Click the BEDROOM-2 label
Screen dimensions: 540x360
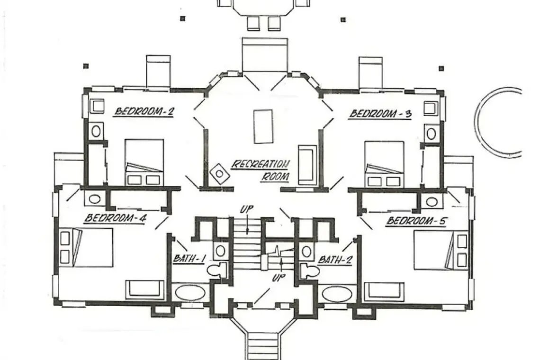coord(144,111)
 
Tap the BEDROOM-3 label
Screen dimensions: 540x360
coord(380,114)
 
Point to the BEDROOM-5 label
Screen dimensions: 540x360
coord(416,220)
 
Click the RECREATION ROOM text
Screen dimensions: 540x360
coord(261,170)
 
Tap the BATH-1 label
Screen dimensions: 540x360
coord(189,258)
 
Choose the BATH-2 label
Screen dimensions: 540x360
coord(335,260)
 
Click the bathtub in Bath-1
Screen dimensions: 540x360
coord(190,293)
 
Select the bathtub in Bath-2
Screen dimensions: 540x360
coord(337,294)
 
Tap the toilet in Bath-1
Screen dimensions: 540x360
coord(217,270)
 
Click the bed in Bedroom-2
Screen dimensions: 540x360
coord(144,162)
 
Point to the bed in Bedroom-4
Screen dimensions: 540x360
coord(86,247)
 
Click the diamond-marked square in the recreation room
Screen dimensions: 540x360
coord(219,174)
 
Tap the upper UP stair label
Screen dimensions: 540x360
coord(247,209)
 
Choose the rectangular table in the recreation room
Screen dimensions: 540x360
coord(263,126)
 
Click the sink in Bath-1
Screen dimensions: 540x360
coord(220,251)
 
